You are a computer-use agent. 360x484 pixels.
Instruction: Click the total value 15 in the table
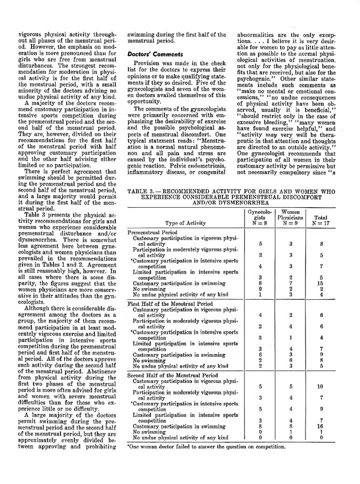(x=321, y=283)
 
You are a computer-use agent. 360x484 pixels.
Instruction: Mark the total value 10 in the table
(x=321, y=386)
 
